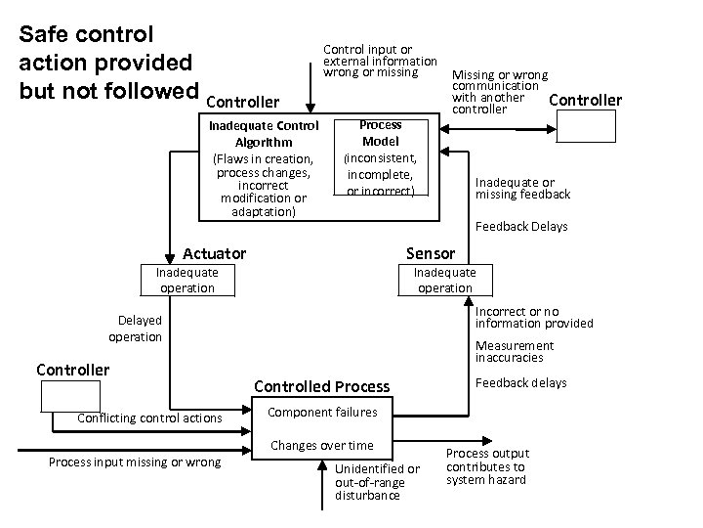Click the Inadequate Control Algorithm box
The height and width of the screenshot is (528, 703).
click(x=264, y=168)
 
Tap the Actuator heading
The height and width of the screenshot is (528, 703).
click(x=215, y=254)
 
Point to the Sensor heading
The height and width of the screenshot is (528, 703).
click(x=430, y=254)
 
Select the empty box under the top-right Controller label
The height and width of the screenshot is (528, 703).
click(x=586, y=127)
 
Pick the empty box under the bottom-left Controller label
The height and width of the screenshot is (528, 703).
click(x=70, y=395)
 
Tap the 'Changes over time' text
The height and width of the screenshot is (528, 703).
click(x=321, y=446)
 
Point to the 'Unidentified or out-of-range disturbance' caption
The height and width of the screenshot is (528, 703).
click(x=377, y=482)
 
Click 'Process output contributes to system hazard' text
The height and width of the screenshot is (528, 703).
click(x=487, y=466)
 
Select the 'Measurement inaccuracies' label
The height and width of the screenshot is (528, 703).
click(x=515, y=352)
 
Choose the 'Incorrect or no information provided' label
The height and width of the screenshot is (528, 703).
click(x=533, y=318)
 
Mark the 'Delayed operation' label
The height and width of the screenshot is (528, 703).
click(x=136, y=329)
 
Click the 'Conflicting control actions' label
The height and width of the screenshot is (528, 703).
click(x=149, y=419)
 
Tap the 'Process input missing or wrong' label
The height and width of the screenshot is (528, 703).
click(x=135, y=462)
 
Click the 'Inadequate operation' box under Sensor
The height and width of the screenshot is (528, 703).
click(x=444, y=280)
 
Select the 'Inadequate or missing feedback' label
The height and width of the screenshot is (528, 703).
click(x=522, y=189)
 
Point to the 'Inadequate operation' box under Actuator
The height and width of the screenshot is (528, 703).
click(x=186, y=280)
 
